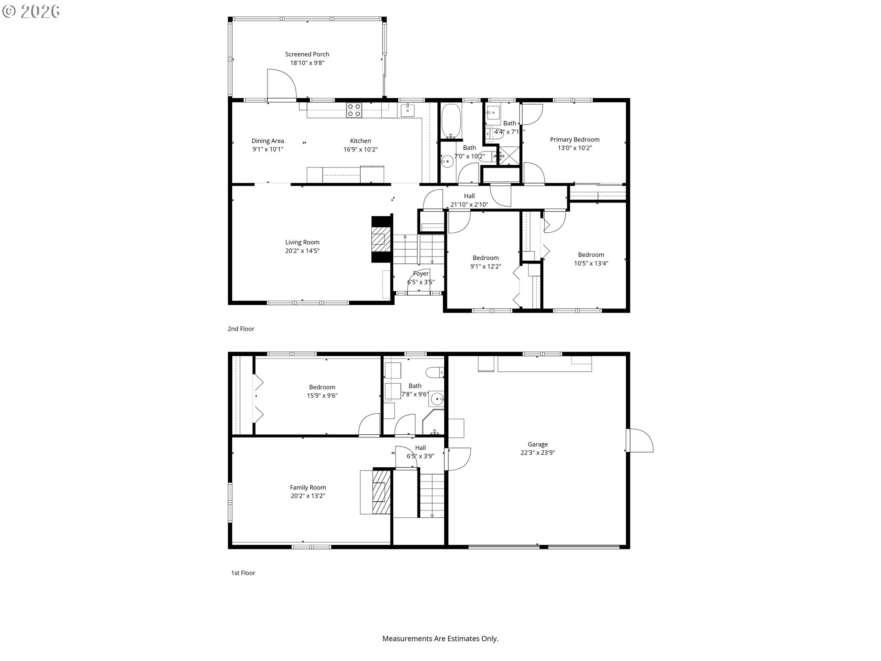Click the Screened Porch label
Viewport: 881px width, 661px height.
[307, 54]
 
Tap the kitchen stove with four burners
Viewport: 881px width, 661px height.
[354, 110]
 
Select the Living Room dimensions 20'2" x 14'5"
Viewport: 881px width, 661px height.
[302, 251]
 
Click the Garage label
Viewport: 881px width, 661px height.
[537, 444]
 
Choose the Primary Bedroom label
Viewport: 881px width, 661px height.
[574, 140]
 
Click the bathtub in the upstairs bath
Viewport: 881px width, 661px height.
[451, 120]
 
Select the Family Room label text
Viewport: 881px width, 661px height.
[307, 487]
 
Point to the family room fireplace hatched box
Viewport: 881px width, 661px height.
[379, 492]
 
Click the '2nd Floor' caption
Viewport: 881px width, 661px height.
[240, 329]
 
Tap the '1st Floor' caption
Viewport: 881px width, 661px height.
[243, 573]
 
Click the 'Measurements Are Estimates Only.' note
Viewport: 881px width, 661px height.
[440, 639]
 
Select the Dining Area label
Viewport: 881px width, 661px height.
[268, 141]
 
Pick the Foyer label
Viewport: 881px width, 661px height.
[421, 274]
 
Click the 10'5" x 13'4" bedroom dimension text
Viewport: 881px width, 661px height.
[591, 263]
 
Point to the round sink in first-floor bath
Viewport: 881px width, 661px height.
[437, 399]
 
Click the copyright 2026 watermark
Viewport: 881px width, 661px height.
[31, 11]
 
